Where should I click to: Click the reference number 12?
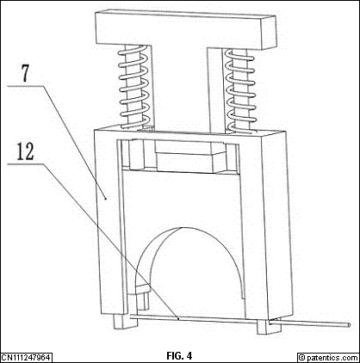click(x=26, y=151)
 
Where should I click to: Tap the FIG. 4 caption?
click(x=179, y=356)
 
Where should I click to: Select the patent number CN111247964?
click(x=27, y=358)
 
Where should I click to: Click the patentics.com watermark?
click(x=328, y=358)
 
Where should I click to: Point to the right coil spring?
click(x=240, y=91)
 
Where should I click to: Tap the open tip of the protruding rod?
click(x=349, y=325)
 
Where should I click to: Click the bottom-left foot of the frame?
click(x=125, y=321)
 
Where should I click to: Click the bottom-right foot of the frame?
click(x=269, y=327)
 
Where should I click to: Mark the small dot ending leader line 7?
click(x=106, y=198)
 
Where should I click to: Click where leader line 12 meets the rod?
click(x=178, y=318)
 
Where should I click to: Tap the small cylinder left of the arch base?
click(x=143, y=298)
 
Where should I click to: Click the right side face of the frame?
click(x=277, y=224)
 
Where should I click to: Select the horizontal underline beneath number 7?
click(x=25, y=85)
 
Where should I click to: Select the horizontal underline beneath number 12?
click(x=26, y=163)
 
